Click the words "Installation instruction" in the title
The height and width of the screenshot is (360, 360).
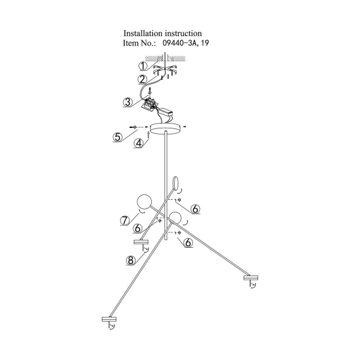tap(162, 34)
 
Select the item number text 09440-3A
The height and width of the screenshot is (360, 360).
tap(181, 44)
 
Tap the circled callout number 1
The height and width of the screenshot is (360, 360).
tap(143, 67)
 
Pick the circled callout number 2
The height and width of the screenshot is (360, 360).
tap(142, 79)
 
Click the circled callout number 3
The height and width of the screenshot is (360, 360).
tap(127, 101)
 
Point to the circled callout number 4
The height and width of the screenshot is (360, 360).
tap(138, 143)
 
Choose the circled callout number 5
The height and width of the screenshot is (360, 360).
tap(118, 136)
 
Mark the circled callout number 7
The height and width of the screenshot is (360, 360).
tap(125, 220)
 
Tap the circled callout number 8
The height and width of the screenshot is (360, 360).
tap(130, 260)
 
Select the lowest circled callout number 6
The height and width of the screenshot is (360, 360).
tap(188, 242)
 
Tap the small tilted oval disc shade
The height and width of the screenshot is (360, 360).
tap(176, 183)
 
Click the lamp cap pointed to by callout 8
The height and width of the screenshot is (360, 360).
tap(141, 242)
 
